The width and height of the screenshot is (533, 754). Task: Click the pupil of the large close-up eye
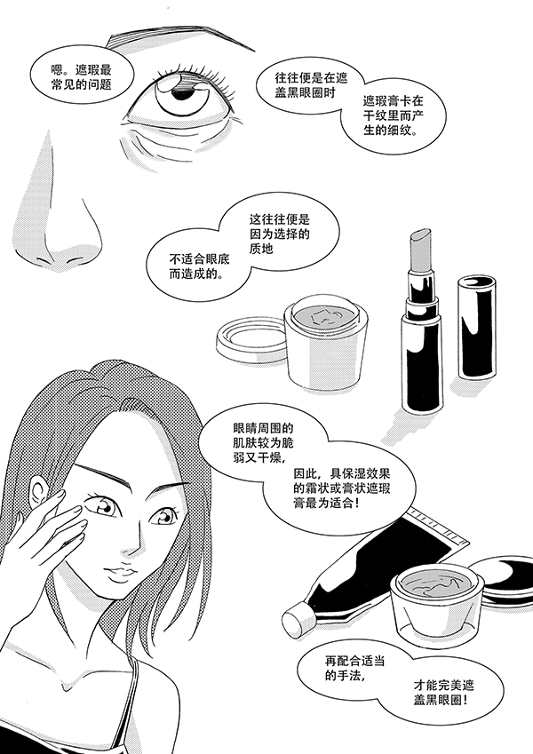pyautogui.click(x=182, y=93)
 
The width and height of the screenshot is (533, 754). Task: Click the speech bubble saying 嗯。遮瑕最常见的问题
pyautogui.click(x=79, y=77)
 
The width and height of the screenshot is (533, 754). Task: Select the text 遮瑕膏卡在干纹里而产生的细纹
pyautogui.click(x=393, y=115)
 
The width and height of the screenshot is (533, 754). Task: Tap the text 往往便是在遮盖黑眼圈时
pyautogui.click(x=312, y=85)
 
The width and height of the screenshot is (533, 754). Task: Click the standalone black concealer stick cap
pyautogui.click(x=475, y=327)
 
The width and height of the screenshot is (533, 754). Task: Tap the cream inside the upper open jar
pyautogui.click(x=326, y=315)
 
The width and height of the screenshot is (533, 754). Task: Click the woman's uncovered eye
pyautogui.click(x=163, y=516)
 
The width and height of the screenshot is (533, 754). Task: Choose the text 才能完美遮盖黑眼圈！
pyautogui.click(x=443, y=692)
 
